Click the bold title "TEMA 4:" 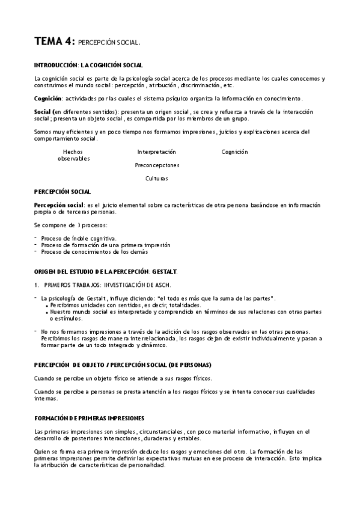(x=54, y=41)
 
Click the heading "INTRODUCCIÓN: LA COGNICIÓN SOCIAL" (x=88, y=64)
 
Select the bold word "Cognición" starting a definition (x=49, y=98)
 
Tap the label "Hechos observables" (x=73, y=155)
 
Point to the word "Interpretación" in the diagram (x=156, y=152)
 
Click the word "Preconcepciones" (x=157, y=165)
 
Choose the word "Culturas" (x=156, y=178)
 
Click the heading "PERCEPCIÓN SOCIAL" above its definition (x=63, y=191)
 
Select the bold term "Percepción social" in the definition (x=59, y=205)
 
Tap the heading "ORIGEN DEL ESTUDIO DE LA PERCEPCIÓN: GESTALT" (x=106, y=272)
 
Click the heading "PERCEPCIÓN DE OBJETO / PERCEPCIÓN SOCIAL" (x=123, y=364)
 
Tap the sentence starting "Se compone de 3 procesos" (x=70, y=225)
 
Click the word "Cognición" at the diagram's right (x=234, y=152)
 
